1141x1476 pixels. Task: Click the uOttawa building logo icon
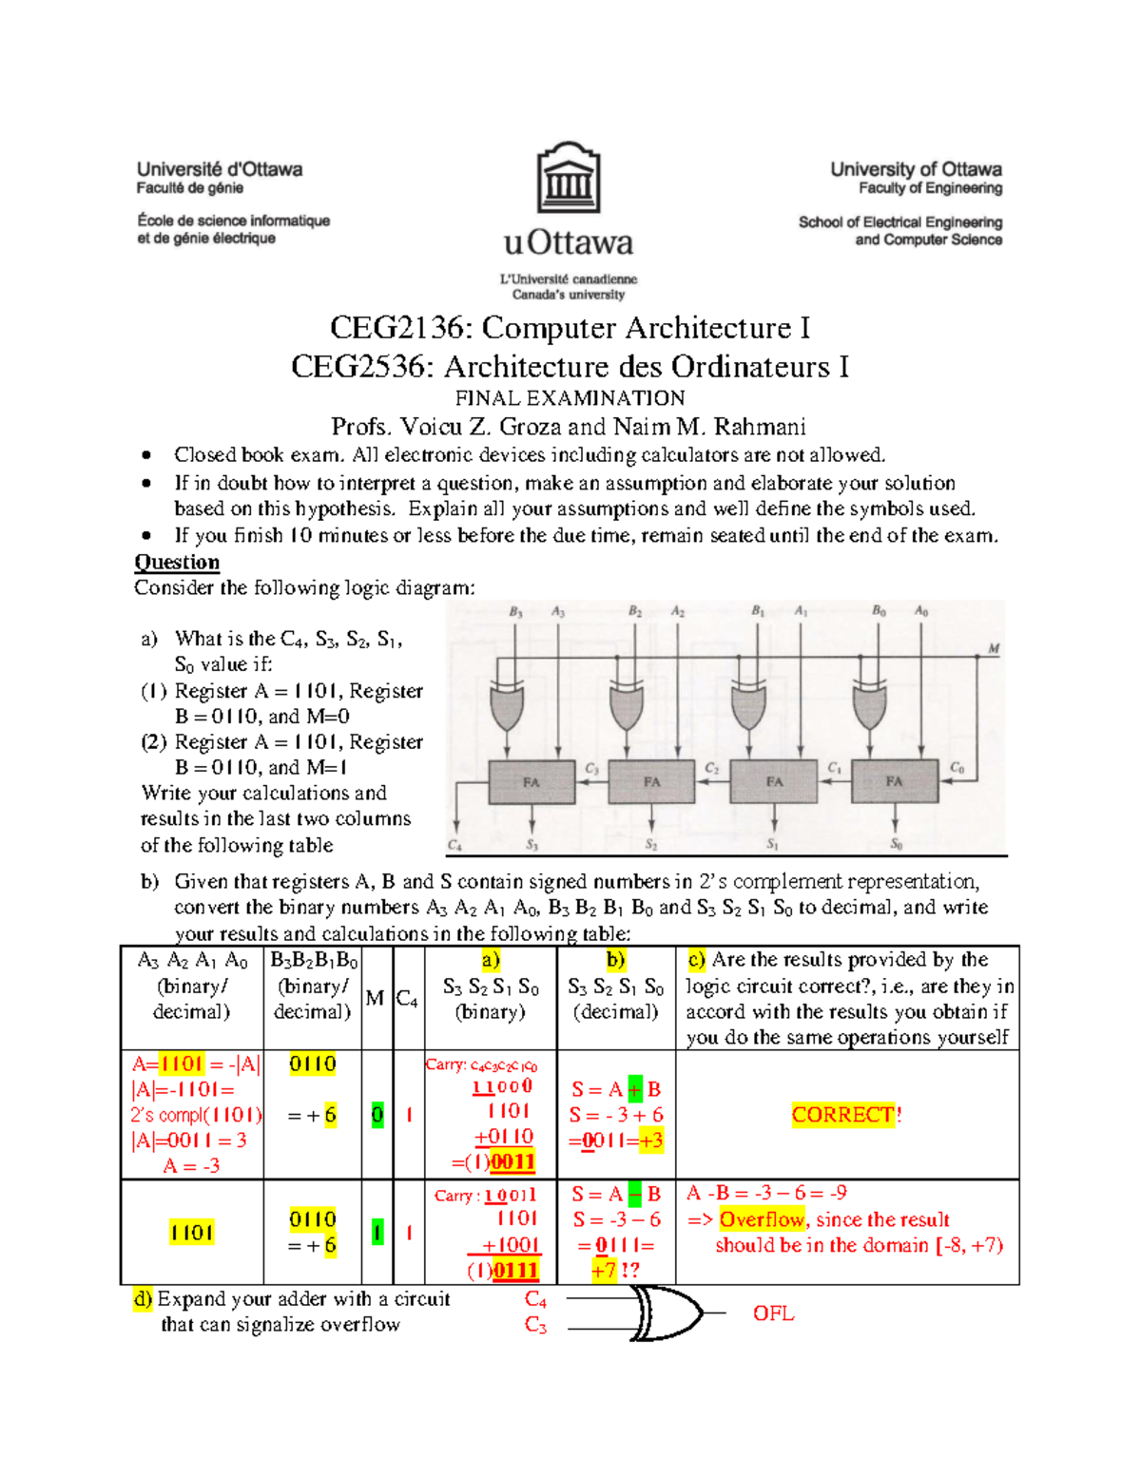569,178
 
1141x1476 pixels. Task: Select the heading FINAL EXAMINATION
569,398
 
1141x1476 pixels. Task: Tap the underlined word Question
177,562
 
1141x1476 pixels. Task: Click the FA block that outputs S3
531,782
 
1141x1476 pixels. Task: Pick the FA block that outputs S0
894,782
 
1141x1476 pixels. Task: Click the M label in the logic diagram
994,649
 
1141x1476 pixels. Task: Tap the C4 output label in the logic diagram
454,844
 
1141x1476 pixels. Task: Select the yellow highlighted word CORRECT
842,1115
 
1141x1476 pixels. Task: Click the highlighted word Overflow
762,1219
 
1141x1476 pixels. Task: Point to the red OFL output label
773,1313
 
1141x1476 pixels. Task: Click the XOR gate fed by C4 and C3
666,1313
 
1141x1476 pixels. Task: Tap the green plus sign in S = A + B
635,1089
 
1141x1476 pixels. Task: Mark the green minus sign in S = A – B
635,1195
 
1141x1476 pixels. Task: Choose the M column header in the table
375,998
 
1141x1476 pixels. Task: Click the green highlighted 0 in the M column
377,1115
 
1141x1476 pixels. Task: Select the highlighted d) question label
143,1298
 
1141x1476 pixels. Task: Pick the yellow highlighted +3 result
651,1141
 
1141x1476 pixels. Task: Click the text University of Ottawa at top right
916,169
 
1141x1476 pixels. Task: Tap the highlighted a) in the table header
491,960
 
